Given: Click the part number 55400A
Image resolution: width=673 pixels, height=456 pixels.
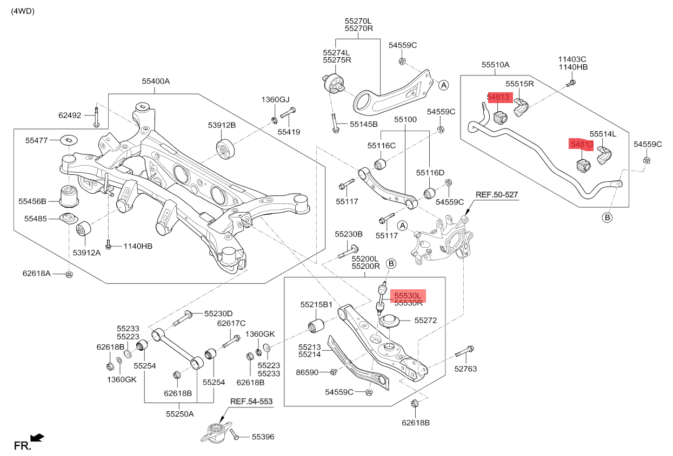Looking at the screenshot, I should point(156,81).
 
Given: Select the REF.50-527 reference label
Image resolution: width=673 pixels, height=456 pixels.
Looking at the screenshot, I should point(497,194).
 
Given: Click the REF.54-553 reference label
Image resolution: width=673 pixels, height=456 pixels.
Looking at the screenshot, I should point(251,402).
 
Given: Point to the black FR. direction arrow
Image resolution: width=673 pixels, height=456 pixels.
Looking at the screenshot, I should point(37,437).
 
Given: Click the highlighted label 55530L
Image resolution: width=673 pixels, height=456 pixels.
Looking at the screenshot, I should point(408,296).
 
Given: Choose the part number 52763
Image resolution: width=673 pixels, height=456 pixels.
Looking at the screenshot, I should point(467,369).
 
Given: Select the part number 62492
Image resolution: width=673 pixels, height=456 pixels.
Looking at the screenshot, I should point(70,115).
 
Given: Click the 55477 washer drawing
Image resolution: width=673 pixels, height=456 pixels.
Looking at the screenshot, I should point(69,140).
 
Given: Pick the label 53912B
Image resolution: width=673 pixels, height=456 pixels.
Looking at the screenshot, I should point(222,125).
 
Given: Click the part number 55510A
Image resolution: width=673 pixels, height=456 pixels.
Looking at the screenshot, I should point(496,65).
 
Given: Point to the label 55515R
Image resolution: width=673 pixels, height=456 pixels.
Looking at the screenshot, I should point(519,84).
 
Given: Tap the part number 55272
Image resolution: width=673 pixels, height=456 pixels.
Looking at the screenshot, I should point(426,320).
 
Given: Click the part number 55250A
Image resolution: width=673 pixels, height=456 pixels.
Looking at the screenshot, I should point(180,414).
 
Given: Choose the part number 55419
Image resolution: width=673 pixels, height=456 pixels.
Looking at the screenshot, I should point(289,131).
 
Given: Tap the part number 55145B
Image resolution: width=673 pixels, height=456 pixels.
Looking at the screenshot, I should point(363,124).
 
